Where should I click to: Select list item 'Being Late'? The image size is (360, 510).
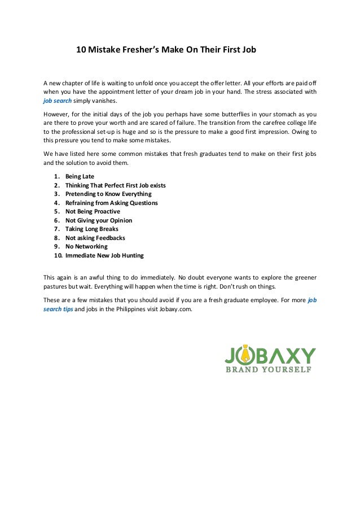click(x=80, y=176)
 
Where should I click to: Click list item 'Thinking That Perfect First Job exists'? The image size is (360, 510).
click(x=115, y=185)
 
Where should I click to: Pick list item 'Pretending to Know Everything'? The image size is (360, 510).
click(x=108, y=194)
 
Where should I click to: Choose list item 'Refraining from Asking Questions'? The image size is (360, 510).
click(x=111, y=203)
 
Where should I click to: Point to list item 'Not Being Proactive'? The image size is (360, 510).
click(x=93, y=211)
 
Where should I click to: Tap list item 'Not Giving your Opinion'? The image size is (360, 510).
click(x=99, y=220)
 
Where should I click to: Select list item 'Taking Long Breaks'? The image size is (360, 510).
click(x=91, y=229)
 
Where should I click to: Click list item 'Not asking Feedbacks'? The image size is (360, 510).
click(x=95, y=238)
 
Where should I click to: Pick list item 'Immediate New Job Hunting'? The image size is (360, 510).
click(x=104, y=255)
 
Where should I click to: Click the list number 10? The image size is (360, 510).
click(x=58, y=255)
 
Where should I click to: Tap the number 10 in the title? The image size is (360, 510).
click(x=81, y=50)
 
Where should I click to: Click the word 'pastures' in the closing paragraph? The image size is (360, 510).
click(x=55, y=286)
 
